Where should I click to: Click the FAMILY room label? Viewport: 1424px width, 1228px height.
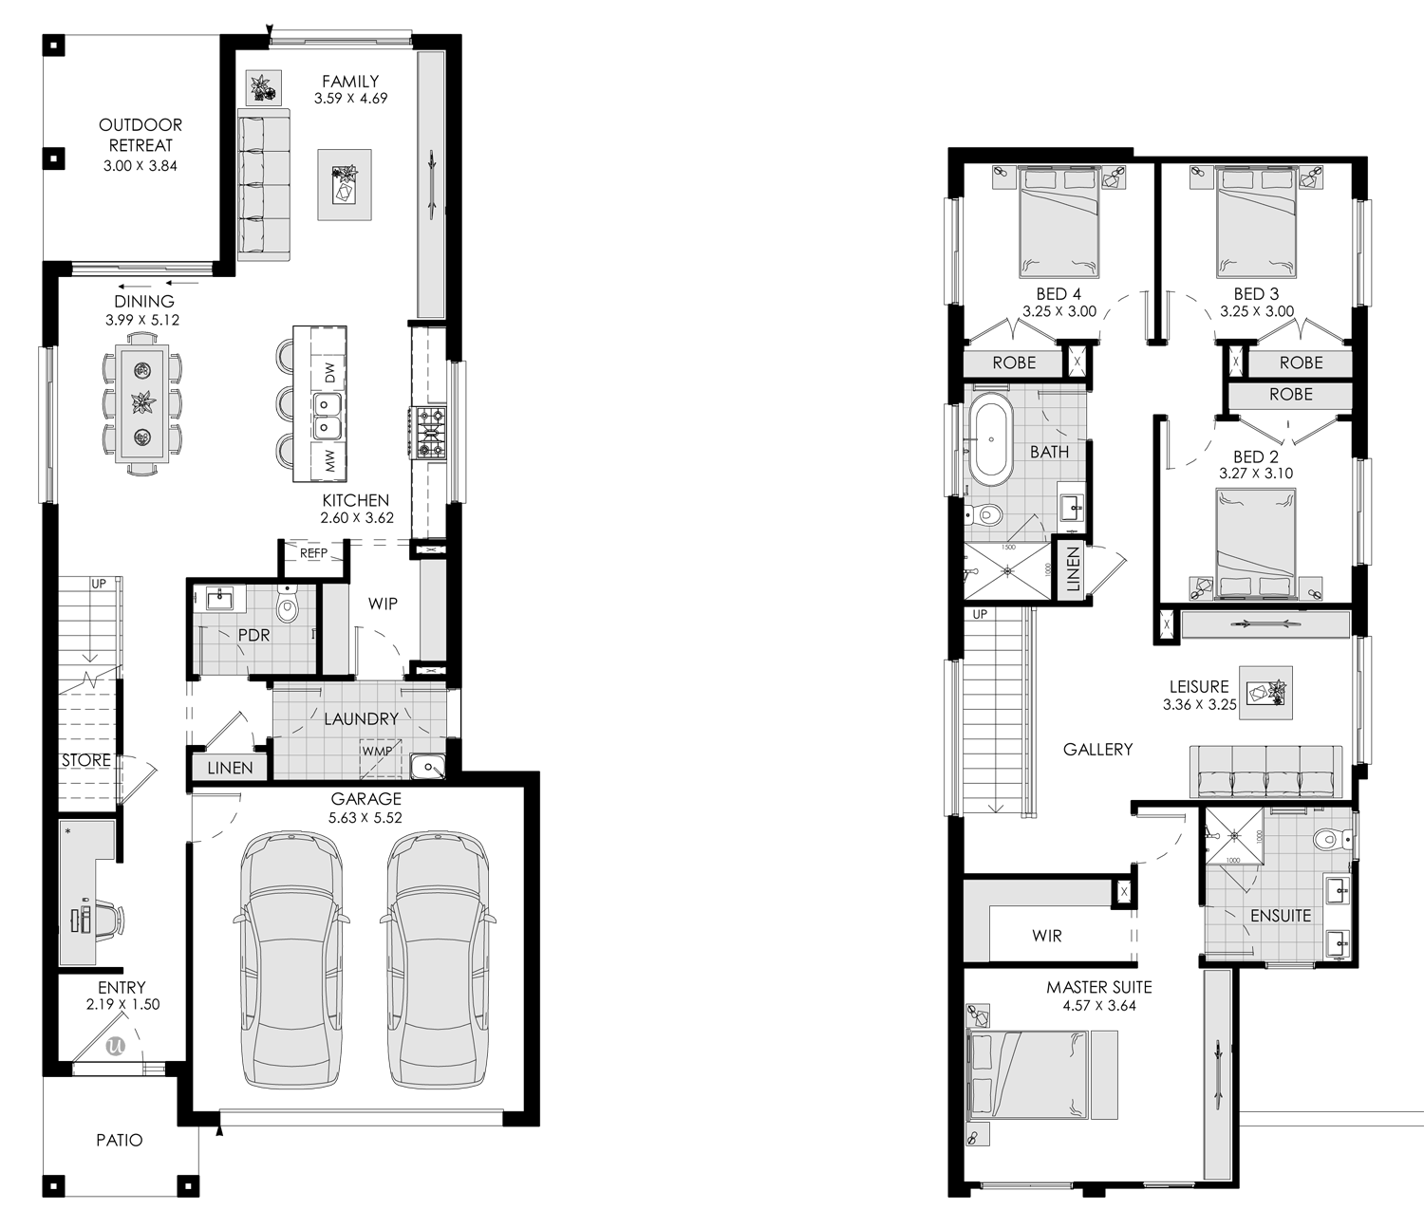[x=350, y=82]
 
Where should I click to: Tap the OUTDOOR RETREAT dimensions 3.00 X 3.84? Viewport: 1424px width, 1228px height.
[x=141, y=165]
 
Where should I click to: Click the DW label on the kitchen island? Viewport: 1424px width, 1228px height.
[x=330, y=373]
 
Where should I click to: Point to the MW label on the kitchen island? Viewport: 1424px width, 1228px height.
[x=330, y=462]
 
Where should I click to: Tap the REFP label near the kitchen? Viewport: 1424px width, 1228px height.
[x=313, y=552]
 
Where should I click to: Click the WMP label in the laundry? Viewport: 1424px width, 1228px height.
[x=376, y=752]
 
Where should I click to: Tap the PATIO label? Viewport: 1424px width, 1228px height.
[x=120, y=1140]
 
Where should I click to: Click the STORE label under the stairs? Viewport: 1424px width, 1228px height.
[x=86, y=760]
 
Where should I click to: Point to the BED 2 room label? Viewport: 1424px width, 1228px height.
[x=1255, y=456]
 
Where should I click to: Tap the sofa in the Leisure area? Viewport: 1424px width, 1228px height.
[x=1266, y=772]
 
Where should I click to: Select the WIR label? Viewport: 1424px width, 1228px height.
[x=1047, y=936]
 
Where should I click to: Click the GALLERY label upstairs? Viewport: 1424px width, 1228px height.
[x=1097, y=750]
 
